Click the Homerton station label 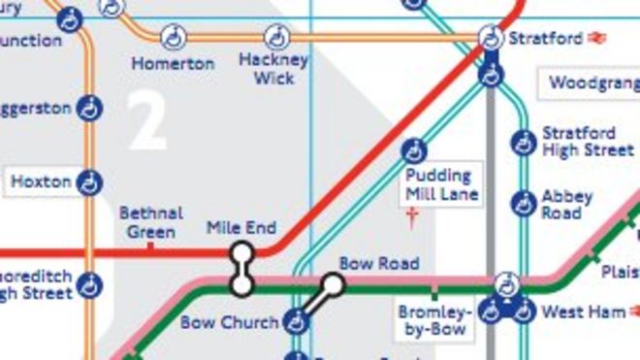click(173, 64)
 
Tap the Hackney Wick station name click(273, 68)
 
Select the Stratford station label click(545, 39)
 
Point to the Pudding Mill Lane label click(438, 184)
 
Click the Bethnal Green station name click(150, 222)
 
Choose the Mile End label click(241, 228)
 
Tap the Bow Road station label click(379, 263)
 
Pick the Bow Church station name click(229, 321)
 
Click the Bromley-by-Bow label click(433, 321)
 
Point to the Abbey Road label click(561, 204)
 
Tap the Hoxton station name click(41, 181)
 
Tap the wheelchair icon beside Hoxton click(90, 181)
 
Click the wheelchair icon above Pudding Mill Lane click(414, 151)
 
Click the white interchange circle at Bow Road click(333, 284)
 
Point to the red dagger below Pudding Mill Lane click(414, 218)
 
